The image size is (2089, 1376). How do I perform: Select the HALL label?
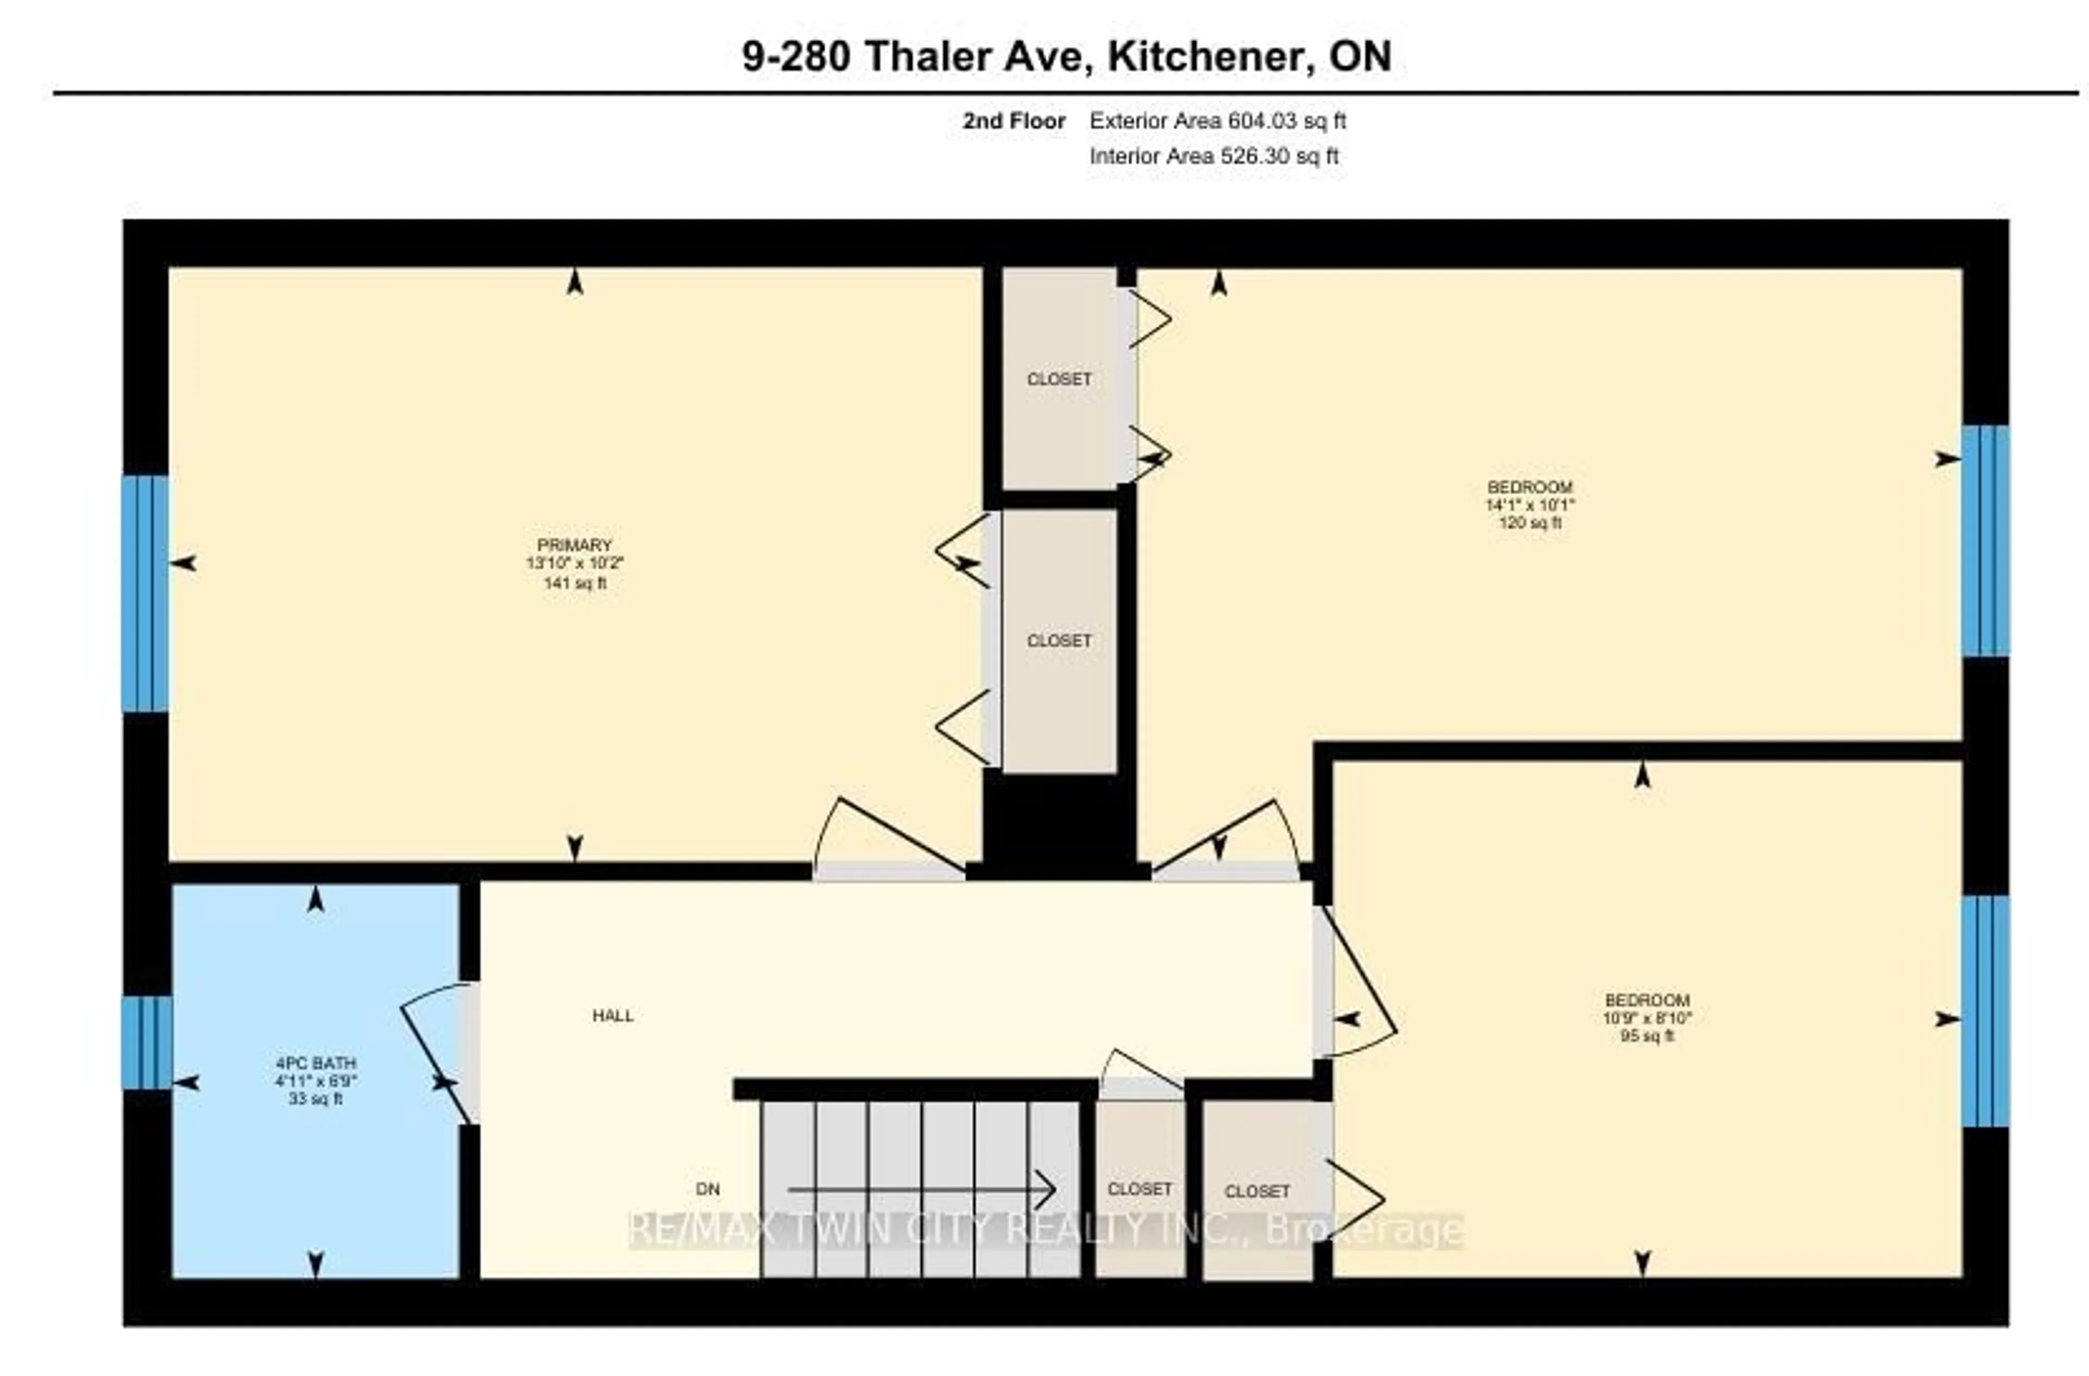(x=613, y=1016)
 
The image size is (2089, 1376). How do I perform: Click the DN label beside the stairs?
(x=707, y=1189)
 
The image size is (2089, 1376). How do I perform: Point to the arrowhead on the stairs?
(x=1046, y=1190)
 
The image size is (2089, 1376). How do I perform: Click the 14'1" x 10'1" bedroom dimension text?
(x=1530, y=505)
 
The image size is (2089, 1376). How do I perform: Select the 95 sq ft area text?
(x=1647, y=1036)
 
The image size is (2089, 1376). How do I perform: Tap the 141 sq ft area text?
(x=575, y=583)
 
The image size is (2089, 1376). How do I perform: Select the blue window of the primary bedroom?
(x=145, y=593)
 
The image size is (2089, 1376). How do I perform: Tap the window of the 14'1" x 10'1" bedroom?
(x=1986, y=540)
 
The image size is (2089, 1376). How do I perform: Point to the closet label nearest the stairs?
(x=1139, y=1189)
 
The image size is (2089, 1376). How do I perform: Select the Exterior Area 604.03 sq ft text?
(x=1217, y=121)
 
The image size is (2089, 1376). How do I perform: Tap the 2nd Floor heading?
(x=1014, y=121)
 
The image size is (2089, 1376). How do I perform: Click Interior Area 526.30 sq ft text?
(x=1214, y=156)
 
